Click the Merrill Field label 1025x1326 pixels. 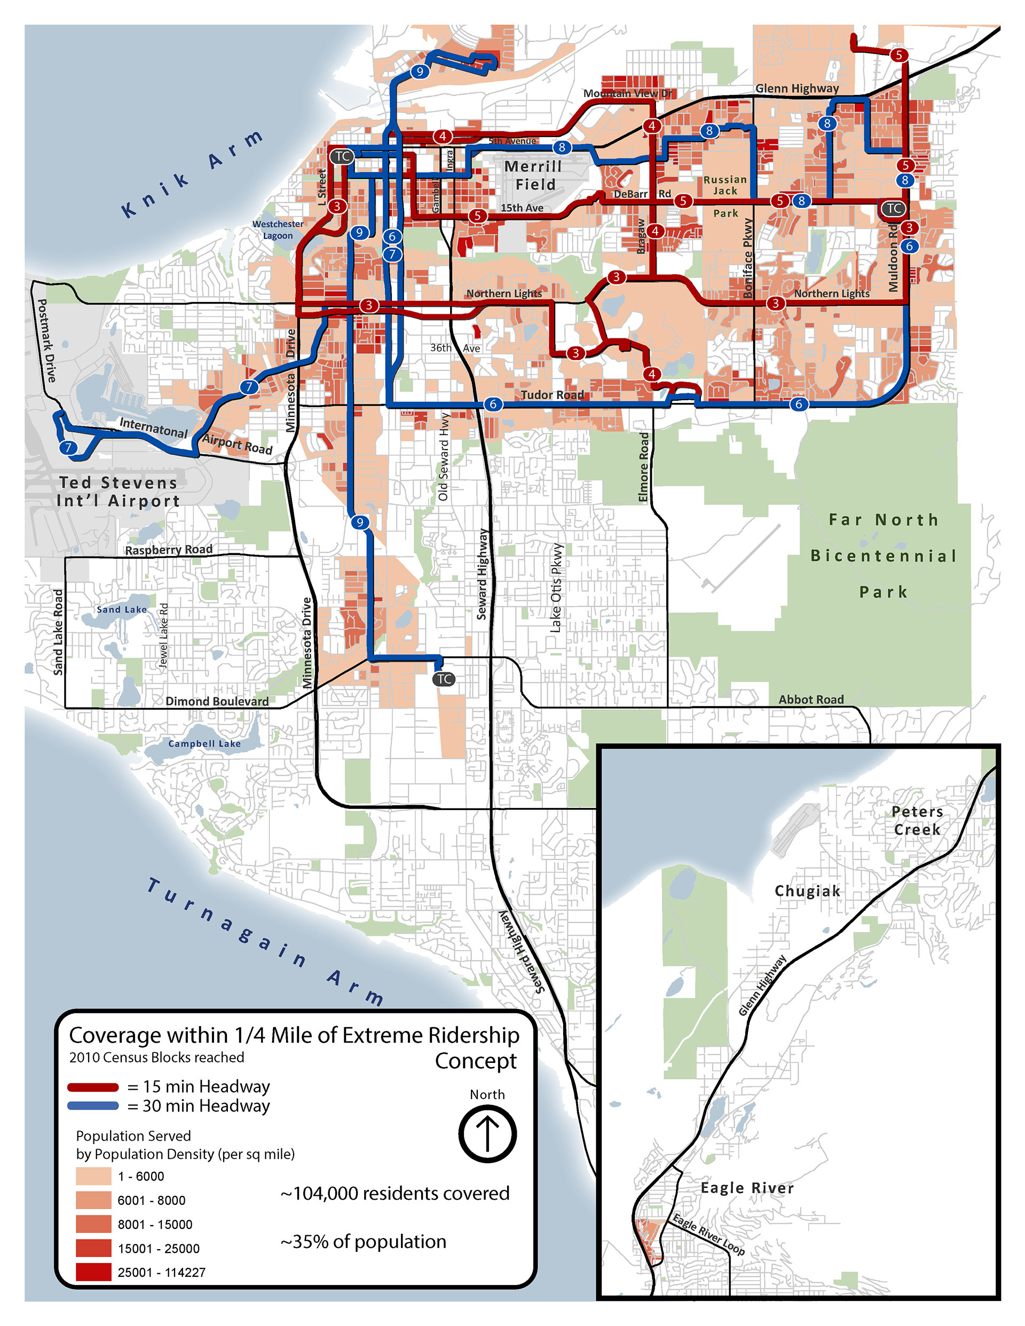click(533, 176)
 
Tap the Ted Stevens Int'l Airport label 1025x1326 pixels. click(119, 492)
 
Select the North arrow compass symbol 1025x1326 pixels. click(487, 1133)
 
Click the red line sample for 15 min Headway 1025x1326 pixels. click(93, 1087)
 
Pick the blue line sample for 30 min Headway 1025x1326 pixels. click(93, 1106)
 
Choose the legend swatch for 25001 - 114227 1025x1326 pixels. click(93, 1272)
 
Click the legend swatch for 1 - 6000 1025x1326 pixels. click(93, 1176)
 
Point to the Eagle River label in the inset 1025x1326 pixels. click(747, 1188)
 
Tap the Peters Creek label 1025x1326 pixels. click(917, 820)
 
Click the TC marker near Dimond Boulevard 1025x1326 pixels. click(444, 679)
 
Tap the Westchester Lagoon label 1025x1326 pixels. click(278, 229)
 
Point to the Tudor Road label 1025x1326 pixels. click(553, 395)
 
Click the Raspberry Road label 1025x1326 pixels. click(168, 550)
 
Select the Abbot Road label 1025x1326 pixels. click(811, 700)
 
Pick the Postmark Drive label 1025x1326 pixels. click(47, 340)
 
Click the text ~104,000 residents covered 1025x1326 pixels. click(395, 1194)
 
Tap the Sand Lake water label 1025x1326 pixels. click(122, 609)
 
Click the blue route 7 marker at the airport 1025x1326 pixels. click(68, 448)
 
